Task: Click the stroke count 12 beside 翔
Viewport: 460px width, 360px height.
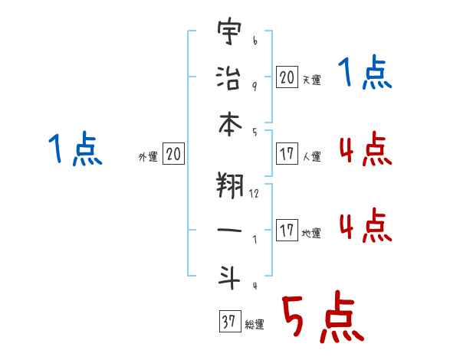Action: (254, 193)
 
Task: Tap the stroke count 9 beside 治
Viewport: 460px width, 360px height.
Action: (254, 85)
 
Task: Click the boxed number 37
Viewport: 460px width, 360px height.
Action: (228, 322)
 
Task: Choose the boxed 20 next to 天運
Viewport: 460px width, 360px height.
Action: (287, 77)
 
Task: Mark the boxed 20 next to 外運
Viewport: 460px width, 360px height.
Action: (173, 155)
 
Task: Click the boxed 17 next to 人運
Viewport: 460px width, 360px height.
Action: (287, 154)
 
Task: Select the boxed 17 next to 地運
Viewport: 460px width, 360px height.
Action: (287, 231)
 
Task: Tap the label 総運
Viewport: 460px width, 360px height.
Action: (254, 325)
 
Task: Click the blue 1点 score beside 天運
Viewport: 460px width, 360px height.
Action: (365, 75)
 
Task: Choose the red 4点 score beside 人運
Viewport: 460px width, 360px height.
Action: (365, 149)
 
